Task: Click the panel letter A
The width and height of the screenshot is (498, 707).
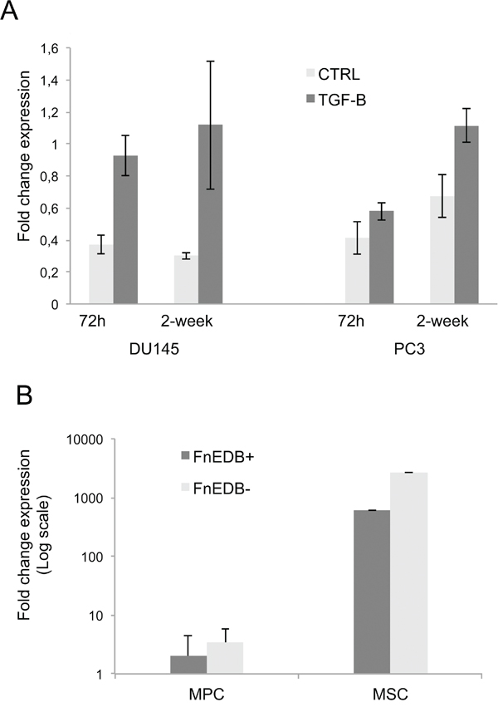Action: pos(13,15)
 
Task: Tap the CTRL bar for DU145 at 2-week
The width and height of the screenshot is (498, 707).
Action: pos(186,280)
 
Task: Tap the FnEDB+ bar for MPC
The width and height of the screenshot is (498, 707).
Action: pos(188,665)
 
